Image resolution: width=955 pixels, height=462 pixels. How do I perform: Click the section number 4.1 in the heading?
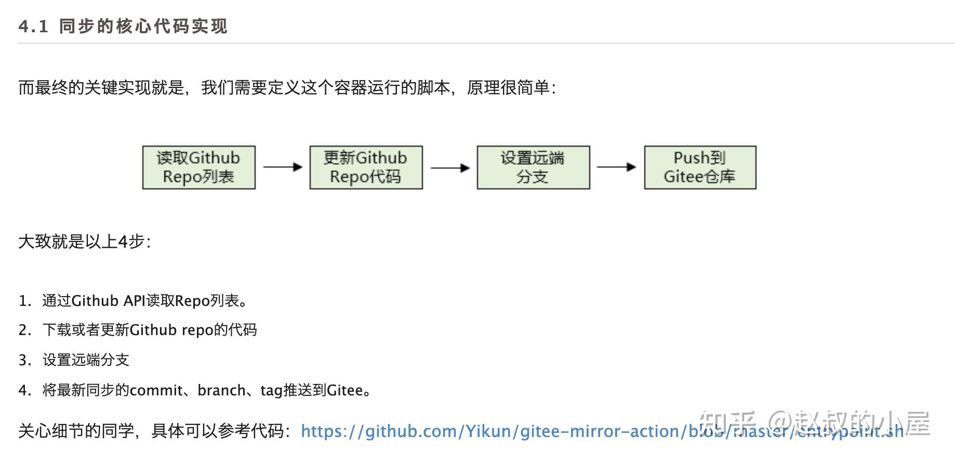point(33,26)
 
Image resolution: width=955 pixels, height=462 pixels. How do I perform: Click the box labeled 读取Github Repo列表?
point(198,168)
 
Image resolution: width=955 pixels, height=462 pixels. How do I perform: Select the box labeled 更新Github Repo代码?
point(366,168)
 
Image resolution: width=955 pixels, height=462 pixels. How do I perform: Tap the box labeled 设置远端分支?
point(533,168)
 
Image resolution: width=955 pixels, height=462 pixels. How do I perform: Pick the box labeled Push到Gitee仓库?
point(700,168)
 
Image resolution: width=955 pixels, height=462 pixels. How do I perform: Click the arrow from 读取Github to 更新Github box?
point(283,167)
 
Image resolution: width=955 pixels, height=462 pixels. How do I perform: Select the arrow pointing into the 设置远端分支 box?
point(450,168)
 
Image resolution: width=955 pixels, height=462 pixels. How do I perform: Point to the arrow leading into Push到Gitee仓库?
point(617,167)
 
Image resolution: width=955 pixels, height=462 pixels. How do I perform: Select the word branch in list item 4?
point(221,390)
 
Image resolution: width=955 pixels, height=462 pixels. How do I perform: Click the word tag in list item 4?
point(271,391)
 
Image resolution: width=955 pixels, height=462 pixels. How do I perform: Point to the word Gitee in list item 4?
point(344,390)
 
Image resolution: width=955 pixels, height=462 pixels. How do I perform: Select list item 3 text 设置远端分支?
point(86,360)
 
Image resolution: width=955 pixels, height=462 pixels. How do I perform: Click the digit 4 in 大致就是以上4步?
point(123,242)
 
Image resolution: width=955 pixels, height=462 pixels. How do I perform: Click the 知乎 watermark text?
point(727,422)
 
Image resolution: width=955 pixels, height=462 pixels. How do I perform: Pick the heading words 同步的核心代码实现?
point(143,26)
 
